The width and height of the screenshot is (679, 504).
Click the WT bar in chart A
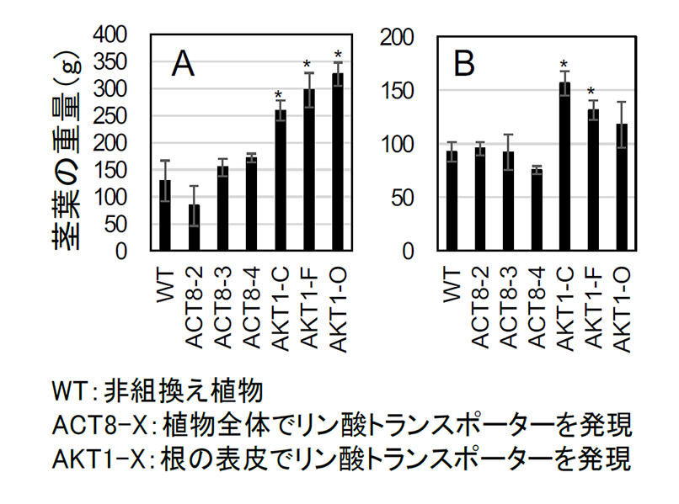tap(165, 215)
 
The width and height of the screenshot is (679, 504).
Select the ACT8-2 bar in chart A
tap(194, 228)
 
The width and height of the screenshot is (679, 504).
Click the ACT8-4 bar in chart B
tap(536, 210)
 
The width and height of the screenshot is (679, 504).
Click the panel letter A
tap(184, 64)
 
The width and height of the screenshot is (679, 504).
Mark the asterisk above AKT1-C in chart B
tap(564, 64)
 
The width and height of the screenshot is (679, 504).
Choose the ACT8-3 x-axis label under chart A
tap(222, 308)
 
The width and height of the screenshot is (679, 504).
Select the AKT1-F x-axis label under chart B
tap(593, 308)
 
